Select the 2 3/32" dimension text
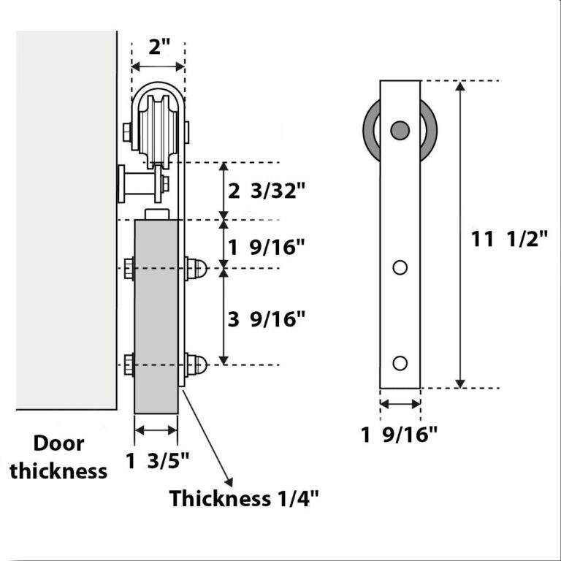[x=264, y=191]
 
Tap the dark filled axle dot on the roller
[x=400, y=130]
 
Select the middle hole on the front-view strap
[x=400, y=267]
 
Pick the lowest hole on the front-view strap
[x=400, y=363]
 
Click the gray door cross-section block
[x=157, y=314]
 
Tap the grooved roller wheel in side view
[x=158, y=128]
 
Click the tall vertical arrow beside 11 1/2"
[x=459, y=234]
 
